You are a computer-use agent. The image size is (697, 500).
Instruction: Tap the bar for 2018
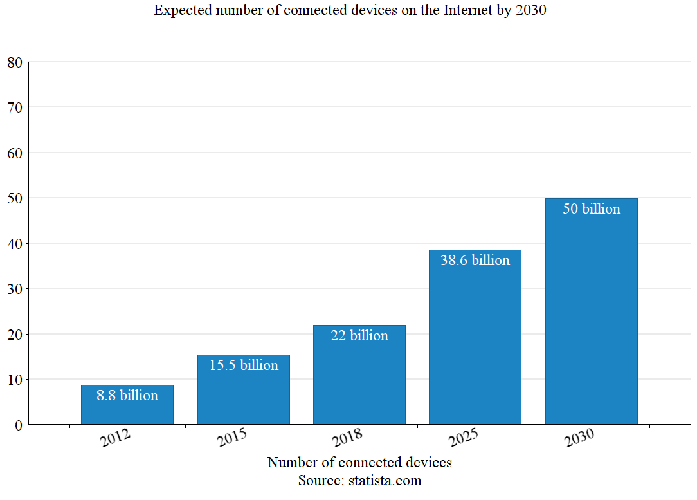click(x=359, y=380)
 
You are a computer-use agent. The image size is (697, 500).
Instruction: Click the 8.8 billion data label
click(x=127, y=396)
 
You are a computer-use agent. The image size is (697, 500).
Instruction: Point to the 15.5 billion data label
click(x=244, y=366)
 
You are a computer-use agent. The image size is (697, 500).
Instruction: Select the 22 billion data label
click(x=359, y=336)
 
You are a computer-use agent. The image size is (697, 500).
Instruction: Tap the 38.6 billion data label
click(x=475, y=261)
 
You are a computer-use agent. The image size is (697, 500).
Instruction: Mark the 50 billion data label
click(x=591, y=209)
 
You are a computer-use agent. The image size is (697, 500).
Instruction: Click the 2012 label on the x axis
click(x=116, y=439)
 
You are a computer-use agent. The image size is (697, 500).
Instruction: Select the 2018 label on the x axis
click(x=348, y=439)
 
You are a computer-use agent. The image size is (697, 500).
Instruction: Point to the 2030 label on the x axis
click(x=579, y=439)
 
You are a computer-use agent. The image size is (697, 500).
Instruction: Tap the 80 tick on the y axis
click(x=15, y=62)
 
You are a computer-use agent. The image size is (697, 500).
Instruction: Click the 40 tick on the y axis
click(x=15, y=244)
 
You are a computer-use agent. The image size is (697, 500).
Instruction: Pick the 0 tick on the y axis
click(x=19, y=425)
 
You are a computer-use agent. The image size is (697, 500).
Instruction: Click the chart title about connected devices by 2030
click(x=350, y=10)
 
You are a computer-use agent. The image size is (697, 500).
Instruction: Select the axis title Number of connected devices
click(x=359, y=463)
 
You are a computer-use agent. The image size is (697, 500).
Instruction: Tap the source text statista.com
click(x=359, y=481)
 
